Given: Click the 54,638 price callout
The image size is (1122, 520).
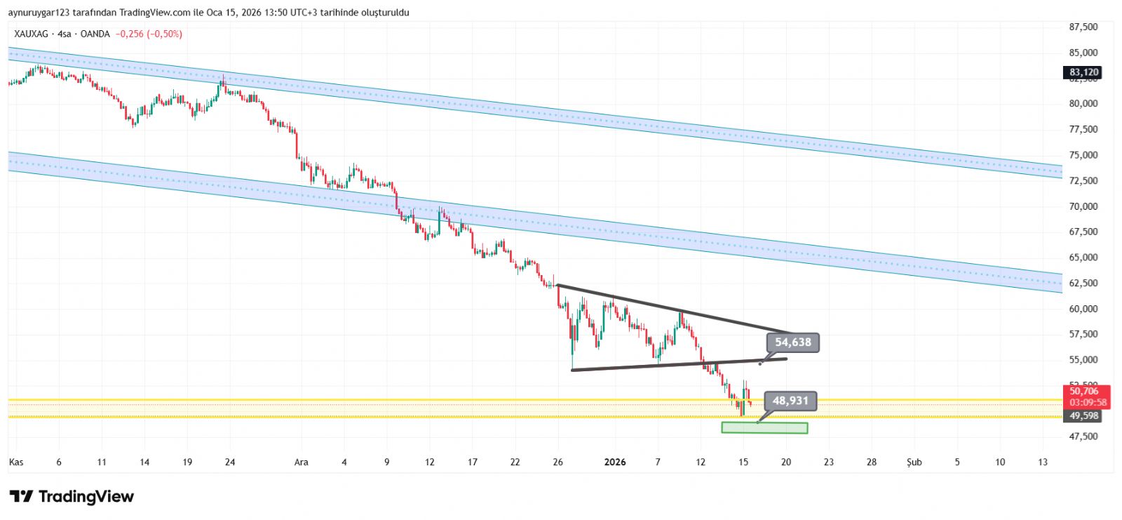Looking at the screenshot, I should point(792,342).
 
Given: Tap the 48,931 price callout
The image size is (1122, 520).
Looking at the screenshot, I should point(790,401).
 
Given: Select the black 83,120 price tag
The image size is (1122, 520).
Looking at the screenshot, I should point(1083,72).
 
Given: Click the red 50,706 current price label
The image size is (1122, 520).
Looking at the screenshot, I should point(1083,391).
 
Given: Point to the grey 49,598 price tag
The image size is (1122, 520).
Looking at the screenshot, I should point(1083,416).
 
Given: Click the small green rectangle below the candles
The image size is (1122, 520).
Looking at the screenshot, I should point(764,427).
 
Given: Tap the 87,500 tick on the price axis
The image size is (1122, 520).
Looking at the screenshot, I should point(1083,27).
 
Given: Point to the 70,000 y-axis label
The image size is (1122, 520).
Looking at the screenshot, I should point(1083,206).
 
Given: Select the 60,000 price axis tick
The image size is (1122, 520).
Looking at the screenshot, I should point(1083,309).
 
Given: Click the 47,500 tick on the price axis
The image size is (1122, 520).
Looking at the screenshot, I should point(1083,436).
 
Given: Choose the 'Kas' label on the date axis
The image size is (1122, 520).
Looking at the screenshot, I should point(15,462).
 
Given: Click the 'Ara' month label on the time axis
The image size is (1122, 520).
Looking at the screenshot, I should point(301,462).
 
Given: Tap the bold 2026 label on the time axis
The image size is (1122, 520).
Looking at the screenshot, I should point(614,462).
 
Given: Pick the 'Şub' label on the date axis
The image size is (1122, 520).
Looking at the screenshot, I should point(914,462).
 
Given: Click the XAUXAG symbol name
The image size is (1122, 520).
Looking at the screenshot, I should point(32,34).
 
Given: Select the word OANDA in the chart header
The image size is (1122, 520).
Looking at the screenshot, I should point(95,34).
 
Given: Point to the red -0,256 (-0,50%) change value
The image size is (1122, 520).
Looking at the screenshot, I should point(149,34).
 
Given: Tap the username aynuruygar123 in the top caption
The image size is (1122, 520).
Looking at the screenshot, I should point(38,13).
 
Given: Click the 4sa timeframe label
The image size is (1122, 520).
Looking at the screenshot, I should point(65,34).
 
